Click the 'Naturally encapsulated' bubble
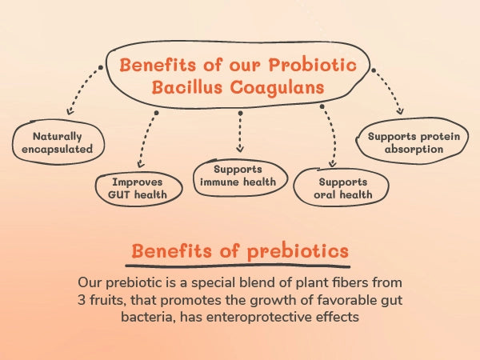[58, 142]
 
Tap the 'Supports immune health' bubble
[239, 176]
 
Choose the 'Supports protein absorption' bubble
[414, 142]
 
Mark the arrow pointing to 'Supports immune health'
[239, 132]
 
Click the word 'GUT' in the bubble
[120, 194]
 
